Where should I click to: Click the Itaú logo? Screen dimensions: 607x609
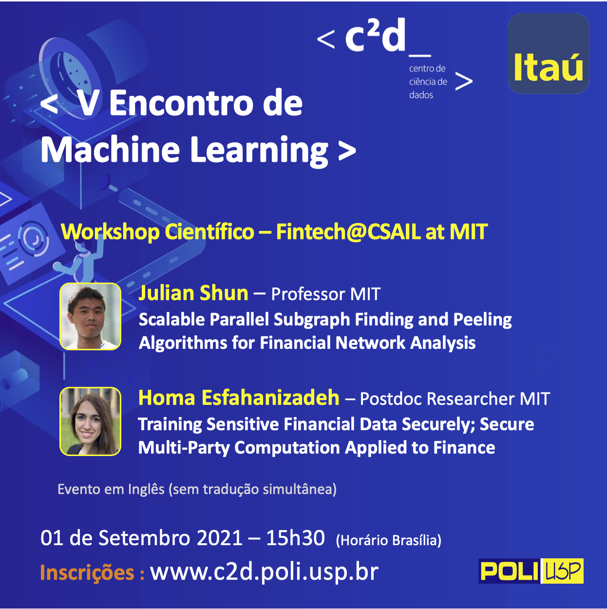click(549, 54)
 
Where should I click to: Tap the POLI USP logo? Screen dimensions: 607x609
click(531, 571)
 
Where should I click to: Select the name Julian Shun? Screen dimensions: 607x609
click(193, 293)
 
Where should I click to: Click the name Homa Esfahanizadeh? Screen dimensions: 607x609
click(239, 398)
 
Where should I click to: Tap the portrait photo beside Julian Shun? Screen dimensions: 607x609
click(91, 316)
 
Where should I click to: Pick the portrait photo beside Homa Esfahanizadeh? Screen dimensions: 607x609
click(91, 421)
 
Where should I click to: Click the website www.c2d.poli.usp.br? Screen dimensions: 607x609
click(265, 572)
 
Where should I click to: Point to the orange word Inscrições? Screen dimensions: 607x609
click(87, 572)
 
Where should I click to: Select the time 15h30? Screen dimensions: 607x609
click(295, 538)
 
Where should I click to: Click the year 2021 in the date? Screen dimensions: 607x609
click(219, 538)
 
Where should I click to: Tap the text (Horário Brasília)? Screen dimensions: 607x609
click(389, 540)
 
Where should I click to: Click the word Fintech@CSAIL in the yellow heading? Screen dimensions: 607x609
click(348, 232)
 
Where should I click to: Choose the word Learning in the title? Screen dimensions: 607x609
click(259, 151)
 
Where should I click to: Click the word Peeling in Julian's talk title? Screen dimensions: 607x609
click(482, 320)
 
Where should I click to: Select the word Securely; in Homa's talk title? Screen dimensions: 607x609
click(438, 424)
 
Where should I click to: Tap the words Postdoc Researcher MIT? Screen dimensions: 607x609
click(455, 399)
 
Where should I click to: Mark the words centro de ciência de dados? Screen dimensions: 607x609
click(428, 81)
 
